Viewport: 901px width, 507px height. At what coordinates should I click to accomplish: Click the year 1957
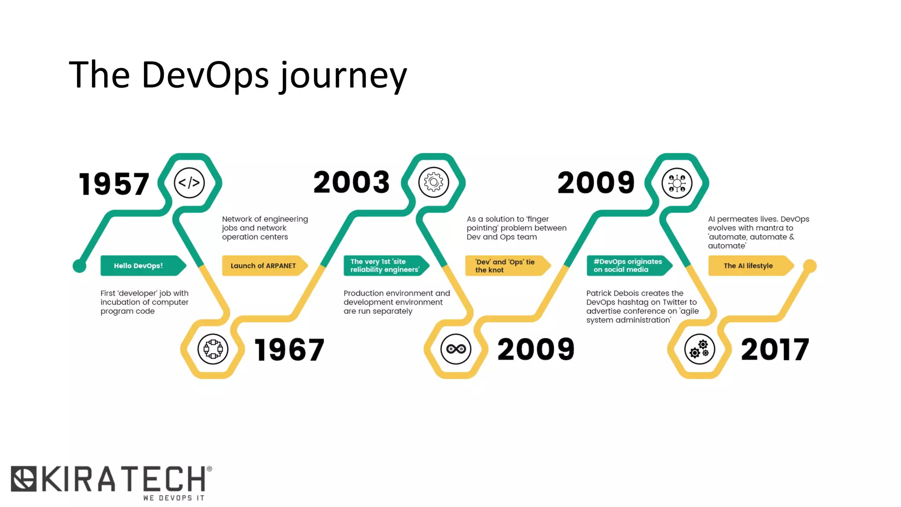(114, 184)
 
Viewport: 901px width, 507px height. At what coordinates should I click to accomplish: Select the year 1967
(289, 350)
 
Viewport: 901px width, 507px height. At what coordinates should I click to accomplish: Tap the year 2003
(351, 182)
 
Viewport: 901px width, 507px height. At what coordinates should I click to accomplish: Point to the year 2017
(775, 349)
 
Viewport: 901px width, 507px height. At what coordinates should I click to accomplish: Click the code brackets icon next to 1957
(189, 183)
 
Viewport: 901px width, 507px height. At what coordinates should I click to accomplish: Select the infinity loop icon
(456, 349)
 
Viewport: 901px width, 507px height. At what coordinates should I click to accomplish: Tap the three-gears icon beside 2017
(699, 349)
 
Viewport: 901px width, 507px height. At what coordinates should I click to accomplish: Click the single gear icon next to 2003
(433, 182)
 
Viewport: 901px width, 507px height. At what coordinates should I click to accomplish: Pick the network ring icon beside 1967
(213, 349)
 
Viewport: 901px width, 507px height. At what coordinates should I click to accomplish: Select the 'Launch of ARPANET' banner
(264, 266)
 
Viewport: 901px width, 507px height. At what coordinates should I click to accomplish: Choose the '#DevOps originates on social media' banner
(628, 266)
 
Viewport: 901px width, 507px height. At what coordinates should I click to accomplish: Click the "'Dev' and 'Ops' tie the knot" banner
(506, 266)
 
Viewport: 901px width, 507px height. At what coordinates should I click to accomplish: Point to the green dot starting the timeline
(80, 266)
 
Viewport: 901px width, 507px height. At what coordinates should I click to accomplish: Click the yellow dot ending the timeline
(809, 266)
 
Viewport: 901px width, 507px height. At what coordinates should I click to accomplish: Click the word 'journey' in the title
(344, 76)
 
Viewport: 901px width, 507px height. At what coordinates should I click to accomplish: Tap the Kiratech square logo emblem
(24, 478)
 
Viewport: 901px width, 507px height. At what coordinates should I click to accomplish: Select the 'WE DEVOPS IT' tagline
(174, 498)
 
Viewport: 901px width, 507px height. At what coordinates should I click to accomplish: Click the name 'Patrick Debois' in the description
(612, 293)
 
